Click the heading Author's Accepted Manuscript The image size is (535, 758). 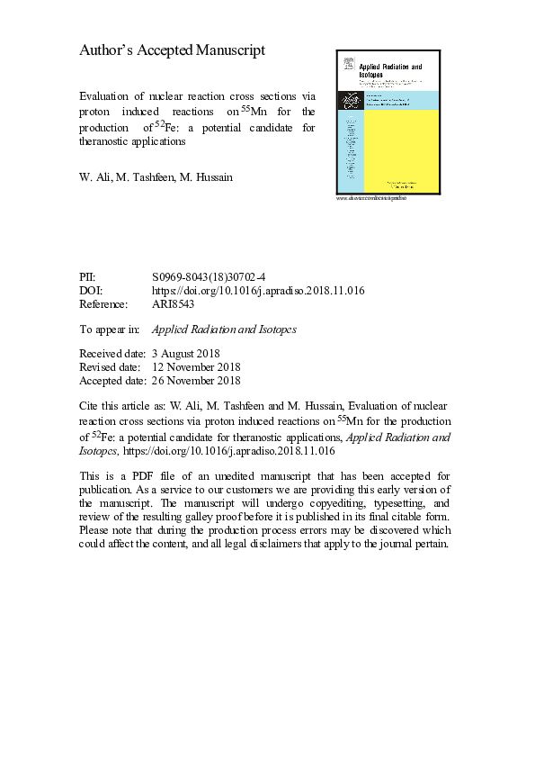point(173,51)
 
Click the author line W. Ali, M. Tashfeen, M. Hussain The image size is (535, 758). point(156,177)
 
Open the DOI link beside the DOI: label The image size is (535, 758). point(258,292)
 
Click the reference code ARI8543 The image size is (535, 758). point(174,304)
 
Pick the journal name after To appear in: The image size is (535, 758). point(225,329)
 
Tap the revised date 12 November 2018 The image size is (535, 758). point(196,366)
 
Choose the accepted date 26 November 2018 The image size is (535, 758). point(196,380)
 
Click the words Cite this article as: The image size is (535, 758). point(122,405)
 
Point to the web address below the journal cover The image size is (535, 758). point(372,197)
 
